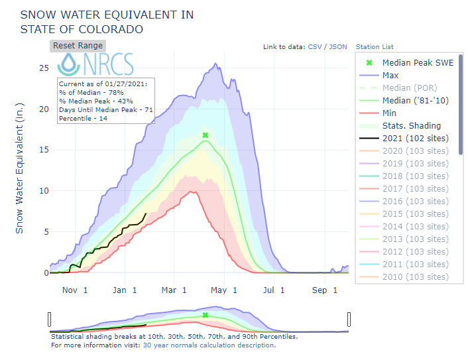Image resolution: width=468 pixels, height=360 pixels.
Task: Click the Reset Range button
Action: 78,46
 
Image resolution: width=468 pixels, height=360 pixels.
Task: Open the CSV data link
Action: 315,47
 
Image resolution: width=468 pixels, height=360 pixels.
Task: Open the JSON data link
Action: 338,47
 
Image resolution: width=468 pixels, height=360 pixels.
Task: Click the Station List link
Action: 375,47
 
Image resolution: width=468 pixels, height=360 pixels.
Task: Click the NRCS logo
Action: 96,64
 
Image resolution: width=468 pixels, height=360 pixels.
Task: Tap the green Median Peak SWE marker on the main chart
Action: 205,135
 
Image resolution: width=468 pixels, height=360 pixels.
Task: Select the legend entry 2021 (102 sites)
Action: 415,139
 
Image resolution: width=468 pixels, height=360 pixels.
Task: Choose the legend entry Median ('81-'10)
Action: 414,101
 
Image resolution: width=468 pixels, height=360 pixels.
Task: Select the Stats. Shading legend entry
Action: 411,126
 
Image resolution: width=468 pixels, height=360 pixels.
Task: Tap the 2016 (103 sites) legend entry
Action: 415,202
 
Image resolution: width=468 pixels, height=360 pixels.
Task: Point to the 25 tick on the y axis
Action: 44,68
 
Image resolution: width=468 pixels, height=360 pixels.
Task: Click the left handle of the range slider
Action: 50,320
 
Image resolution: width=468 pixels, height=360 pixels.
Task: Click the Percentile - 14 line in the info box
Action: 83,117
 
